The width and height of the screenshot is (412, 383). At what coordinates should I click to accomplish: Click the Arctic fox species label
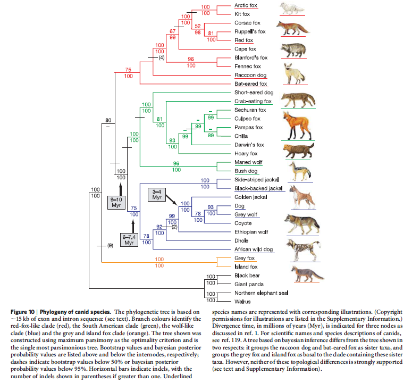click(x=247, y=5)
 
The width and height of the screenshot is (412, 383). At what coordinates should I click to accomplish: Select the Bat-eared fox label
click(x=251, y=84)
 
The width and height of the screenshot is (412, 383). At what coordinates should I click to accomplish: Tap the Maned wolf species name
click(x=248, y=162)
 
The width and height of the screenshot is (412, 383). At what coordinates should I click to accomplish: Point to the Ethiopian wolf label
click(x=251, y=232)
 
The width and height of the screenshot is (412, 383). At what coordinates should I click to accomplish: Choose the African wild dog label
click(x=253, y=249)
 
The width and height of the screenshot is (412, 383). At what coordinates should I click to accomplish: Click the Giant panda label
click(x=249, y=284)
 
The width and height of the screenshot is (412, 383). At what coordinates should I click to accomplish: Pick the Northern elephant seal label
click(x=260, y=293)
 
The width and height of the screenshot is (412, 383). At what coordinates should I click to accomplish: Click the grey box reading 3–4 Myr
click(x=157, y=194)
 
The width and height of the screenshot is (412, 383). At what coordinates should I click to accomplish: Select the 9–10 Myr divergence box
click(x=116, y=202)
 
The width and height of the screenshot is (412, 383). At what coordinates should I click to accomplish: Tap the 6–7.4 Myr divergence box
click(x=129, y=240)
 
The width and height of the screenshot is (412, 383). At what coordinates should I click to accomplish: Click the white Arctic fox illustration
click(x=292, y=9)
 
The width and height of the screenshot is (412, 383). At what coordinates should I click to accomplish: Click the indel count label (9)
click(x=111, y=246)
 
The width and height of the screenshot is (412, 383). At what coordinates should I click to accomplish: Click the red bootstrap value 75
click(x=128, y=70)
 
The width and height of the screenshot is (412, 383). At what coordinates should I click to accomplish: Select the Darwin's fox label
click(x=249, y=145)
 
